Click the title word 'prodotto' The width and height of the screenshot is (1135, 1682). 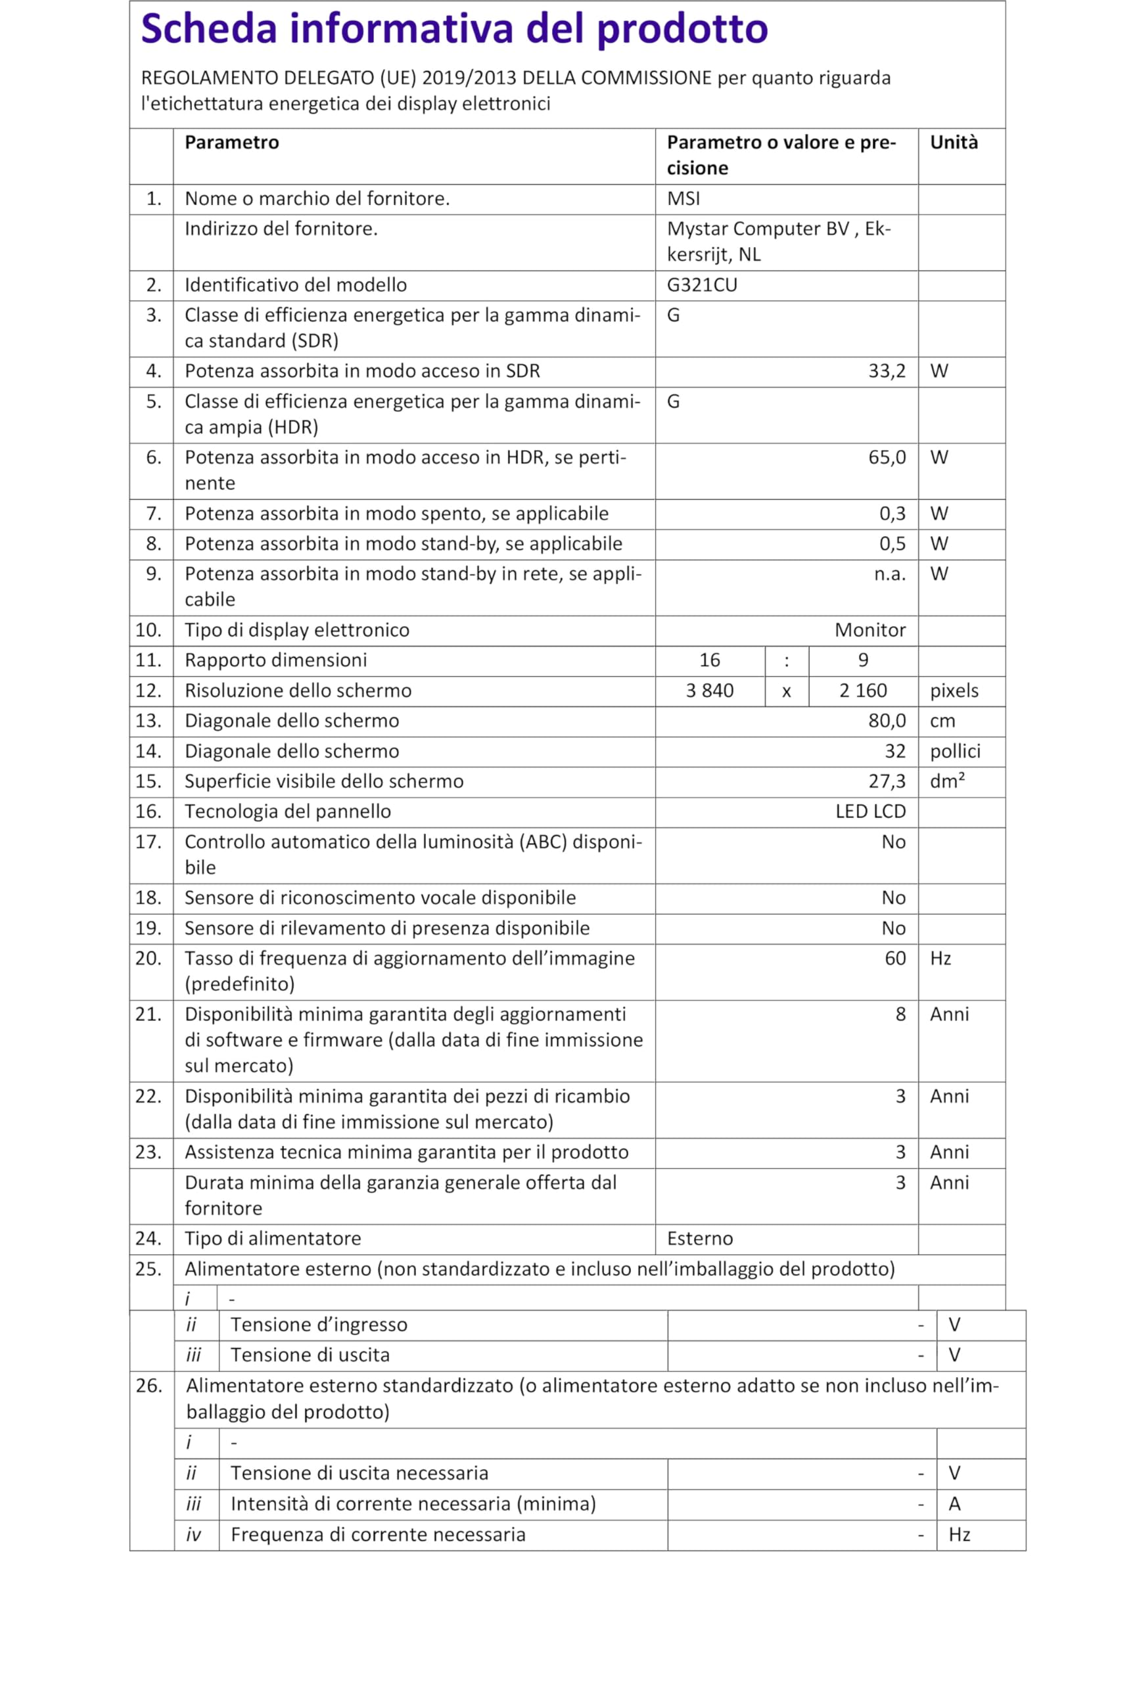point(682,29)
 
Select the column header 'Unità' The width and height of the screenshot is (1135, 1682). point(954,143)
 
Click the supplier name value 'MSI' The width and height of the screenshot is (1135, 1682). point(683,199)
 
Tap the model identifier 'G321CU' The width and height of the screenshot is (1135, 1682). point(701,285)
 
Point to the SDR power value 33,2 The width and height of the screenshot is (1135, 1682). point(886,371)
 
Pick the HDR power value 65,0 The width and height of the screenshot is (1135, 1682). point(886,457)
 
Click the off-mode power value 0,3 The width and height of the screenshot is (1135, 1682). point(892,514)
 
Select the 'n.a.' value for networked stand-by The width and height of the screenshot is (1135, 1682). point(889,574)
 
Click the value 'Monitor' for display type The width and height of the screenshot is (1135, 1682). point(869,630)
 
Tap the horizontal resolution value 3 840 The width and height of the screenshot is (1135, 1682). point(709,691)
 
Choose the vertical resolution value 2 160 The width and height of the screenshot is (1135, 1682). point(863,691)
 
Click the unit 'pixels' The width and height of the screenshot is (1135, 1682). point(954,691)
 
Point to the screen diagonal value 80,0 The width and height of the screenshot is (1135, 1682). point(886,721)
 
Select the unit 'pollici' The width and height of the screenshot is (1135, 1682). point(955,751)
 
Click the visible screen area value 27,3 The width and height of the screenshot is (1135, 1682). point(886,781)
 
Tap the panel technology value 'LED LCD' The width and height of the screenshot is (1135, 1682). point(870,811)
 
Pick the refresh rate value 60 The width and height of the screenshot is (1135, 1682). point(894,959)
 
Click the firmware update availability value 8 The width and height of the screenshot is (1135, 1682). point(900,1014)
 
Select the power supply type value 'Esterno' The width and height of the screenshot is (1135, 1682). point(699,1239)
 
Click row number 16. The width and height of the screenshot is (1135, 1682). point(149,811)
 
